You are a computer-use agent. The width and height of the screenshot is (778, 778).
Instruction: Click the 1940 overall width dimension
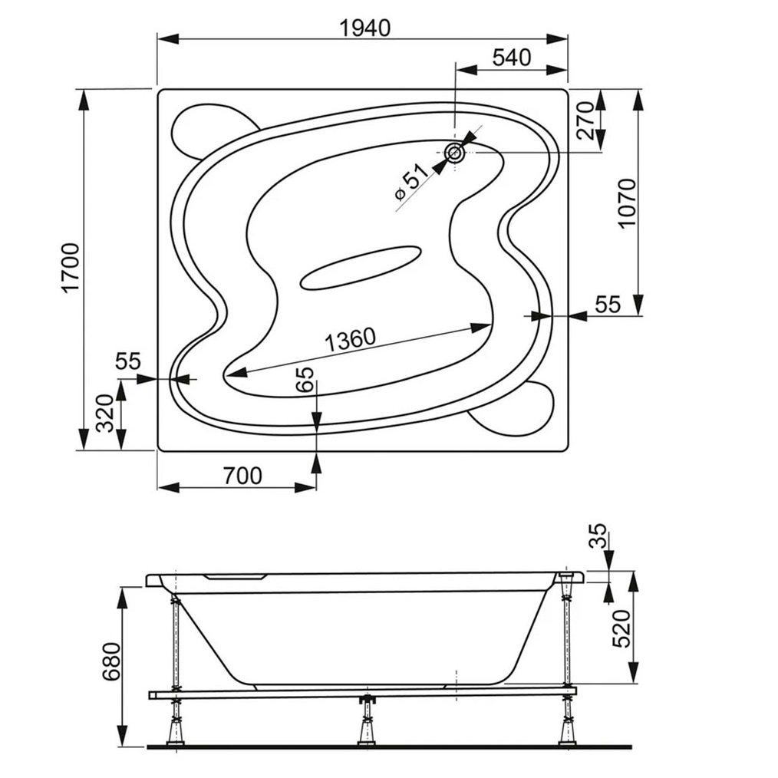coord(364,28)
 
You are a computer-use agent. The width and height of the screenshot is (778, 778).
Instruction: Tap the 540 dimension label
coord(512,58)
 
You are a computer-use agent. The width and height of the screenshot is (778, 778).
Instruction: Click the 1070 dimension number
coord(627,203)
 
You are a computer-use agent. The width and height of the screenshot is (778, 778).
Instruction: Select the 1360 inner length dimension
coord(350,339)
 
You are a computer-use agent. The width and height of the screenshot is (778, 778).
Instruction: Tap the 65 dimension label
coord(305,380)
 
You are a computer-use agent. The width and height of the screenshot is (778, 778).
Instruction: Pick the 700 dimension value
coord(242,476)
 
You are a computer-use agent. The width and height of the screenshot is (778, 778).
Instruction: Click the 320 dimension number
coord(104,414)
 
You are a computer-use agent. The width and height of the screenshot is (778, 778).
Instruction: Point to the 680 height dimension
coord(110,661)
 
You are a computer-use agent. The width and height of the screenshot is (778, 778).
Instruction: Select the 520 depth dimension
coord(621,628)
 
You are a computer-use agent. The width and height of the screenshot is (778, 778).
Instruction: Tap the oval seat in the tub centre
coord(361,267)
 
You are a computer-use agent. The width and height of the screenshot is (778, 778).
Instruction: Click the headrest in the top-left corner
coord(214,131)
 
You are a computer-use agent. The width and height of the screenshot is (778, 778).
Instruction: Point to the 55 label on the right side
coord(608,305)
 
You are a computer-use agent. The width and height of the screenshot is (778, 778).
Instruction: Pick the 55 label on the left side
coord(128,361)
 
